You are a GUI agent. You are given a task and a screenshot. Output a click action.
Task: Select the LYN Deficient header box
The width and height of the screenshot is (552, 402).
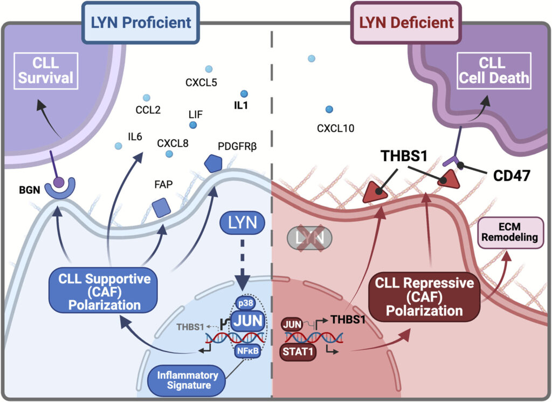[x=406, y=23]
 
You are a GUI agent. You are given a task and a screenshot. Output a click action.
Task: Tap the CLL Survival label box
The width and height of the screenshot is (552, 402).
[x=46, y=71]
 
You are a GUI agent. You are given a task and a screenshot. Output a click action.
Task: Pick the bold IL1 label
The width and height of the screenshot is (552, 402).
[x=241, y=106]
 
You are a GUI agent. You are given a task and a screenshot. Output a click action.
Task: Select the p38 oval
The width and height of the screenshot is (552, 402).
[x=246, y=304]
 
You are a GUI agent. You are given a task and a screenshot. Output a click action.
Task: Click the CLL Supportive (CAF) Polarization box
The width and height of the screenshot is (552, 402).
[x=101, y=292]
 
